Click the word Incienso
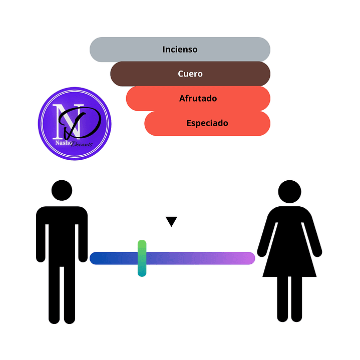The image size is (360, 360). (x=180, y=50)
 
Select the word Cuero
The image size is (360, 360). (x=190, y=74)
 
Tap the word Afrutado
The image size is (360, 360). (x=198, y=99)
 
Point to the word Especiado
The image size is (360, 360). (x=207, y=123)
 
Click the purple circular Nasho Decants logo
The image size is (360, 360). (x=75, y=124)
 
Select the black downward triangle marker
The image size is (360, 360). (x=172, y=221)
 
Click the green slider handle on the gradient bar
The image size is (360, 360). (x=142, y=258)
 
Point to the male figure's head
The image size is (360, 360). (x=62, y=191)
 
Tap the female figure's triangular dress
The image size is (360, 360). (x=289, y=255)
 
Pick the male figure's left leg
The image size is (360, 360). (x=54, y=295)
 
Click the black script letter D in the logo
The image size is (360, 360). (x=85, y=123)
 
